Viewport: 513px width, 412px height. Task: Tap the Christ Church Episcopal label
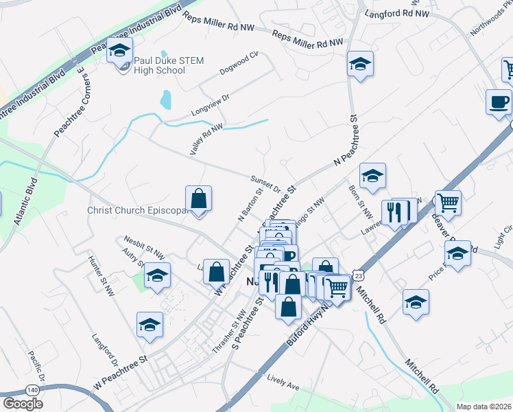137,210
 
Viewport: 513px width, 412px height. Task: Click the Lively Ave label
284,382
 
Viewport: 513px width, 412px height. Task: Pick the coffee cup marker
499,102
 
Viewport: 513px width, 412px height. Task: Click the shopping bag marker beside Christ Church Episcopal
198,199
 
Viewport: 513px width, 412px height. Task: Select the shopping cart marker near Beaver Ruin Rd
448,202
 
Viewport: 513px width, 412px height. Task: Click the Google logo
23,403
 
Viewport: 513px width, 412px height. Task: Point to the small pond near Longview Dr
165,100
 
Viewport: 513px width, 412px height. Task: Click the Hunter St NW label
101,276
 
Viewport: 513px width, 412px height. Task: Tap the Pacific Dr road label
36,367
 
